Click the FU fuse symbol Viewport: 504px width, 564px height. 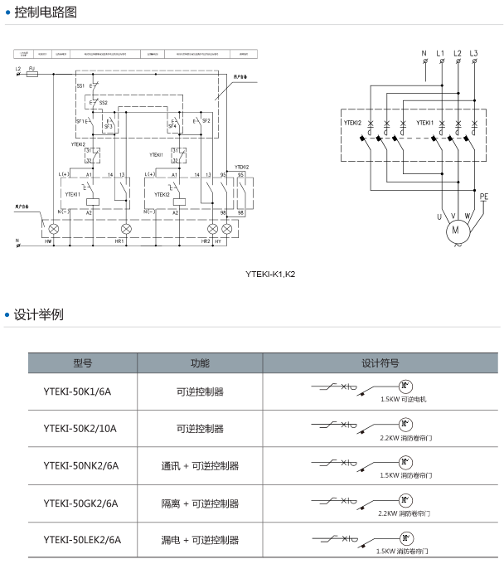point(32,74)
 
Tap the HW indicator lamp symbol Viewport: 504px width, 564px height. point(55,228)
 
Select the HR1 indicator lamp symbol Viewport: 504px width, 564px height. point(126,228)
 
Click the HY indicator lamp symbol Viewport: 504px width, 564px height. point(225,228)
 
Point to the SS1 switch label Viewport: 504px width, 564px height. point(80,85)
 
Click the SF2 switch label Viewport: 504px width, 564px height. point(206,121)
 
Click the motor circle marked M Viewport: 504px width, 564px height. point(454,231)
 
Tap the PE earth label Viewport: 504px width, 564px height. point(484,196)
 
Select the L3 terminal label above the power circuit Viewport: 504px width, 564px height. point(473,54)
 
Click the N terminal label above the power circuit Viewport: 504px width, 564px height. point(424,54)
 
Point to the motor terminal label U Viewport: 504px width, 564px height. point(439,217)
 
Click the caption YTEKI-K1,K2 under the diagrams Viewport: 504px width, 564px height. point(270,273)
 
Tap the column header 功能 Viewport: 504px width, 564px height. point(200,363)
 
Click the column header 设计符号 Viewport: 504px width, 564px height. point(380,363)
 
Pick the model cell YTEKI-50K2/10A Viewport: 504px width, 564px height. point(80,429)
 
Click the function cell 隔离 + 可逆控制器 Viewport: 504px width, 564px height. point(200,503)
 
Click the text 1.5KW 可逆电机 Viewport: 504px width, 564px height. point(404,399)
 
